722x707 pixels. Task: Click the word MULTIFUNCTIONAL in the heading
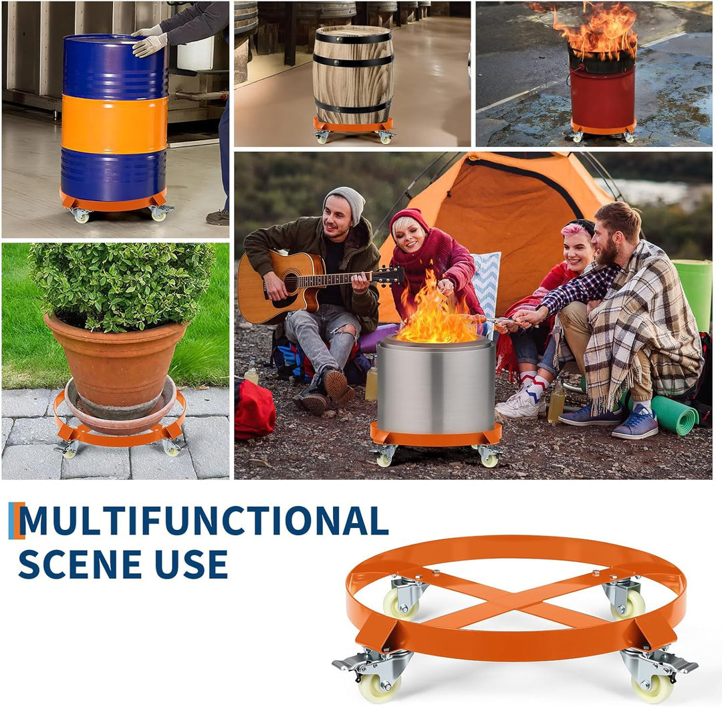pyautogui.click(x=203, y=521)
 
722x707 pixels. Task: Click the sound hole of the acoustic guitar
pyautogui.click(x=291, y=283)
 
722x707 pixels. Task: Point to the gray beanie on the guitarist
pyautogui.click(x=346, y=202)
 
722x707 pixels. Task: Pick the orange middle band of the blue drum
pyautogui.click(x=114, y=124)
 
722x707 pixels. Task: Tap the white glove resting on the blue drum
pyautogui.click(x=150, y=45)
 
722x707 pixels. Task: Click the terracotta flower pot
pyautogui.click(x=116, y=366)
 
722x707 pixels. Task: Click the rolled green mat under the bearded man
pyautogui.click(x=675, y=415)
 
